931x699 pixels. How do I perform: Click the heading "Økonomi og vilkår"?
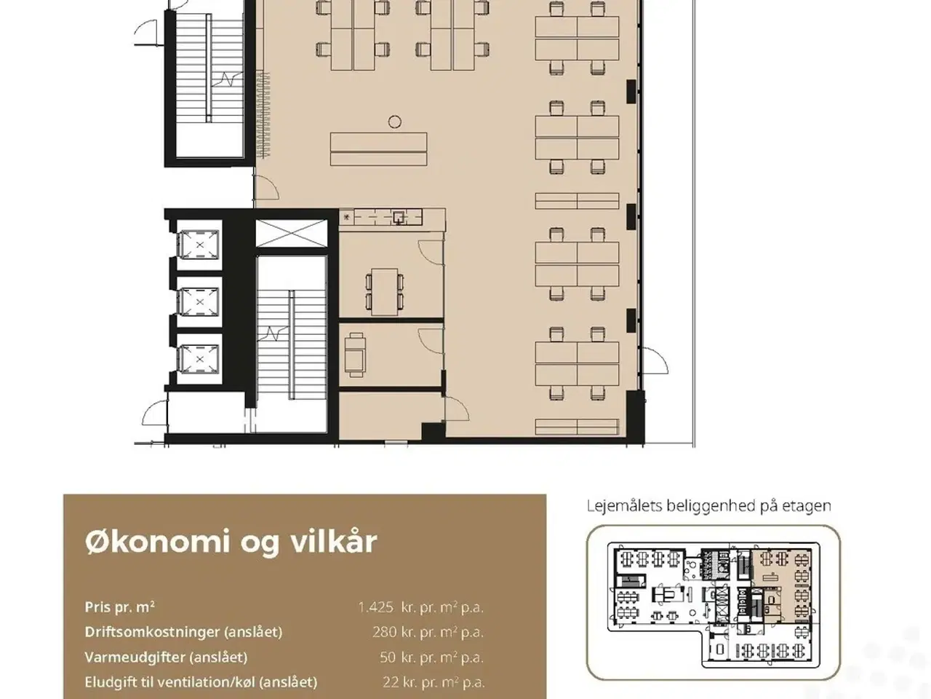pyautogui.click(x=231, y=542)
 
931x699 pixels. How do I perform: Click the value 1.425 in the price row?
pyautogui.click(x=376, y=607)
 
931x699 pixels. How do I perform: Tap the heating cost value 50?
pyautogui.click(x=388, y=657)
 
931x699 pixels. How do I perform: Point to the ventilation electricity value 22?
pyautogui.click(x=390, y=682)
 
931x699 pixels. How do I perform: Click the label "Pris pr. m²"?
pyautogui.click(x=119, y=607)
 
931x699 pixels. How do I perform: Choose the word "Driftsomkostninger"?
pyautogui.click(x=152, y=632)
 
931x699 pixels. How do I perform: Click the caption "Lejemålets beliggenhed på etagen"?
pyautogui.click(x=708, y=506)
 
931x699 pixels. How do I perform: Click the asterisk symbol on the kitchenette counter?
pyautogui.click(x=346, y=218)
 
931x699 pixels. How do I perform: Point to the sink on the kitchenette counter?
pyautogui.click(x=399, y=218)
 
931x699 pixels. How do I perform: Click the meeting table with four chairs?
pyautogui.click(x=385, y=291)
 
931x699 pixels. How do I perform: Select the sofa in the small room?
pyautogui.click(x=355, y=355)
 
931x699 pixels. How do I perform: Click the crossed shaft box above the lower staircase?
pyautogui.click(x=292, y=234)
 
